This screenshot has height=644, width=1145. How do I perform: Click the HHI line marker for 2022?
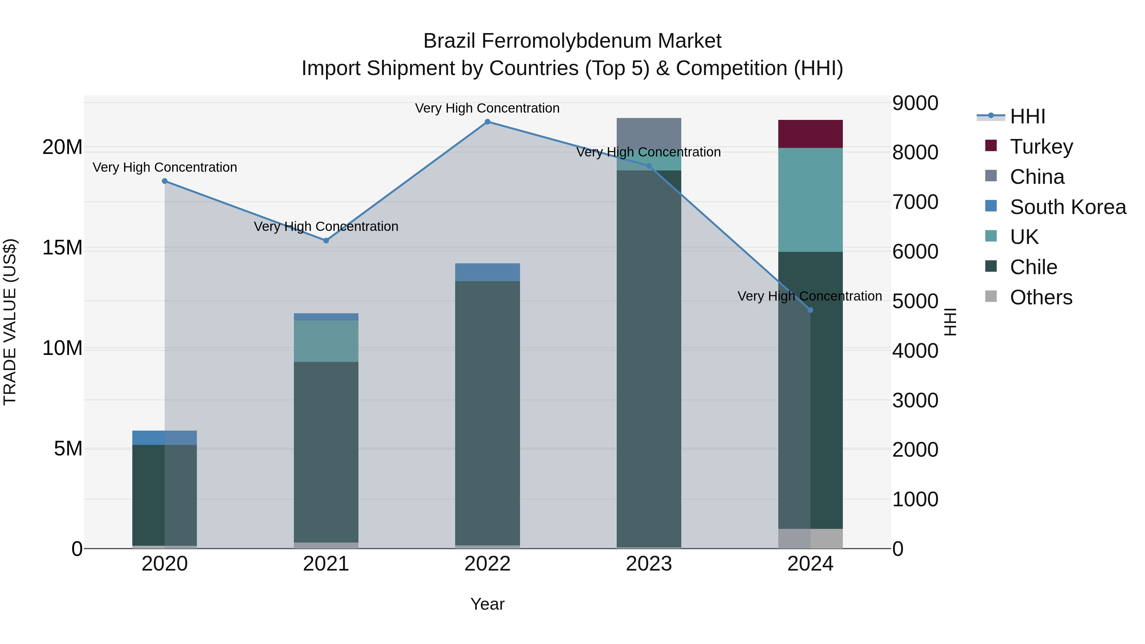pyautogui.click(x=487, y=122)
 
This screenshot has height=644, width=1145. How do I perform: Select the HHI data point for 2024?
pyautogui.click(x=810, y=310)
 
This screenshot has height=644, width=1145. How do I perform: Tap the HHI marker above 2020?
pyautogui.click(x=164, y=181)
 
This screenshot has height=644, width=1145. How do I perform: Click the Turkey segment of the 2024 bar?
pyautogui.click(x=810, y=134)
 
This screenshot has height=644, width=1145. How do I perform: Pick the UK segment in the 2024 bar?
pyautogui.click(x=810, y=200)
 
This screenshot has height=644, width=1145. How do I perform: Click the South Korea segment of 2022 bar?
pyautogui.click(x=487, y=272)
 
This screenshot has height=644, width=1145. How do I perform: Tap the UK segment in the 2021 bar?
pyautogui.click(x=326, y=341)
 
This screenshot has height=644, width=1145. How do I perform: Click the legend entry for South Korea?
pyautogui.click(x=1068, y=207)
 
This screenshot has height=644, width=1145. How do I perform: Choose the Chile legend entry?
pyautogui.click(x=1033, y=267)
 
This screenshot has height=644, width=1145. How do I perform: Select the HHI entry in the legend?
pyautogui.click(x=1027, y=116)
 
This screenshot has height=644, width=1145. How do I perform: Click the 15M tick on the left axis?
pyautogui.click(x=62, y=247)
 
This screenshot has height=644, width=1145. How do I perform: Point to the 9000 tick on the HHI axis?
pyautogui.click(x=915, y=103)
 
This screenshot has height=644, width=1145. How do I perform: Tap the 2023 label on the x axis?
pyautogui.click(x=649, y=564)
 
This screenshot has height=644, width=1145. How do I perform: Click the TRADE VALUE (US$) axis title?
pyautogui.click(x=10, y=322)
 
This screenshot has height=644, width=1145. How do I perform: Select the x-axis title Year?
pyautogui.click(x=487, y=604)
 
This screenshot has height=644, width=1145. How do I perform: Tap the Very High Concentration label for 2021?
pyautogui.click(x=326, y=227)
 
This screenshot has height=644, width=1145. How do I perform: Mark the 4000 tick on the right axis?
pyautogui.click(x=915, y=351)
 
